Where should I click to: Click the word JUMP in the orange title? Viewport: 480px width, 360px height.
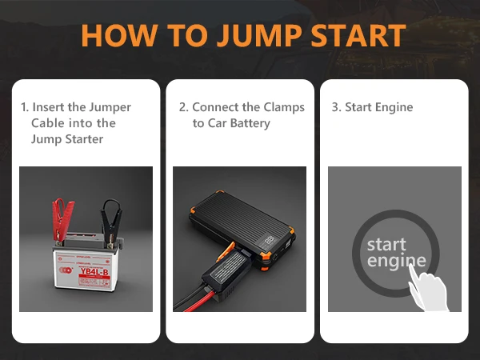coord(260,35)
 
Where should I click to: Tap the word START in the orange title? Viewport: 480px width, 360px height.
coord(358,35)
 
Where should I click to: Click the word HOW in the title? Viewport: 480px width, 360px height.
coord(120,35)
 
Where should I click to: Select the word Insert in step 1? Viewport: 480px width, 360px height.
coord(49,107)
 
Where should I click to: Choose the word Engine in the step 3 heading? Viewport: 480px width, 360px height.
coord(394,108)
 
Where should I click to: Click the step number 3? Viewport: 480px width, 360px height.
coord(336,107)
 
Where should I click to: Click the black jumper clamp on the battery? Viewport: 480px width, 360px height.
coord(111,221)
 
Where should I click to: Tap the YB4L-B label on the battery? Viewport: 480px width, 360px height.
coord(94,272)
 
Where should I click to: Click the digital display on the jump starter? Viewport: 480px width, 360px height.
coord(269,240)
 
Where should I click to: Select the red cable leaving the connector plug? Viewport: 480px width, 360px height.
coord(199,302)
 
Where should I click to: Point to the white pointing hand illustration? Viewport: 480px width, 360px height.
coord(429,288)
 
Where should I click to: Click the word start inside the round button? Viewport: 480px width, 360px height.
coord(386,245)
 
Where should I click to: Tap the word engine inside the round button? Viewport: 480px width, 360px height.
coord(397,261)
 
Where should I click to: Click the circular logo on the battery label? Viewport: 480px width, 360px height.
coord(66,270)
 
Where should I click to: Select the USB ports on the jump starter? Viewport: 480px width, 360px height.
coord(288,244)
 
